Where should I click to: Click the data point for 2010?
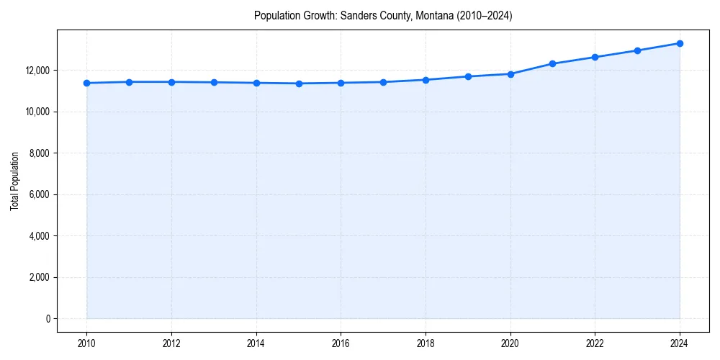click(x=86, y=83)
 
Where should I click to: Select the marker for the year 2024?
click(x=680, y=43)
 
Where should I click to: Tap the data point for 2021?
click(x=552, y=63)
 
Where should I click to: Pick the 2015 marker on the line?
click(x=299, y=84)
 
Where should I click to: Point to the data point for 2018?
click(x=426, y=80)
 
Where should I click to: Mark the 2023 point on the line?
click(x=637, y=50)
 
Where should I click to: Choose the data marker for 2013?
click(x=214, y=82)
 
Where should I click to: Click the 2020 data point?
click(x=510, y=74)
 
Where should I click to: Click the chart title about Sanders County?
click(x=383, y=16)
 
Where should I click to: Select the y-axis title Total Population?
click(x=15, y=181)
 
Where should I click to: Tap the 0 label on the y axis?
click(x=47, y=319)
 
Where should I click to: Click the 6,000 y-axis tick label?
click(x=37, y=194)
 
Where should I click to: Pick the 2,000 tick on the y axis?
click(x=37, y=277)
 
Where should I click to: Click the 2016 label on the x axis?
click(x=341, y=343)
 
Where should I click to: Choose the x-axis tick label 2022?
click(x=595, y=343)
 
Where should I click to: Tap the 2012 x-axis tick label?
click(x=171, y=343)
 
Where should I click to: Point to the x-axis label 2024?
click(x=680, y=343)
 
